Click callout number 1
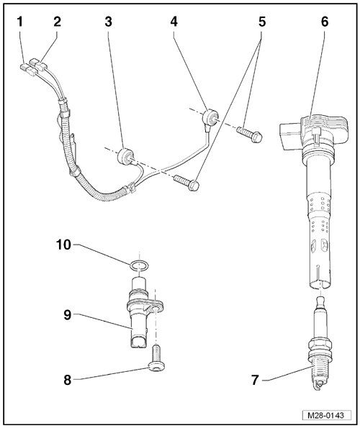point(19,22)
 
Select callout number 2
point(57,22)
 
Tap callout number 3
point(109,22)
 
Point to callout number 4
point(174,22)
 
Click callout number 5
point(262,22)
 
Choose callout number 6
point(325,22)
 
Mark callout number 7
point(255,380)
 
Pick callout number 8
point(68,380)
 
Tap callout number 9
point(68,315)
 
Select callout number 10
point(63,245)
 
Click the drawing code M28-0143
point(325,416)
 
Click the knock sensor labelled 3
point(125,157)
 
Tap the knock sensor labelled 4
point(210,117)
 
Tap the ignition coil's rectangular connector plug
point(289,136)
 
